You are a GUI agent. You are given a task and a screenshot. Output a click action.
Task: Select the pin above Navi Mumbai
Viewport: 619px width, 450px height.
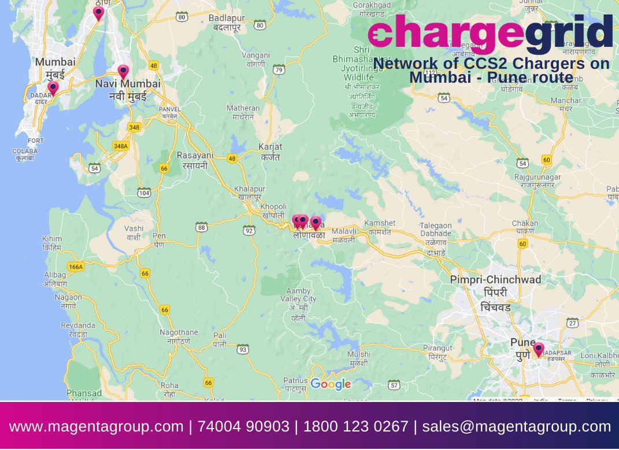123,71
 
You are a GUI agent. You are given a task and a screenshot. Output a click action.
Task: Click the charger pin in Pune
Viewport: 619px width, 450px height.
538,349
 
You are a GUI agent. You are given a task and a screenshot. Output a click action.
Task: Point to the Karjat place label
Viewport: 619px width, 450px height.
270,152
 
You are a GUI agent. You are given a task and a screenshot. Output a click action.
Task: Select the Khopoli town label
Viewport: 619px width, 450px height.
273,211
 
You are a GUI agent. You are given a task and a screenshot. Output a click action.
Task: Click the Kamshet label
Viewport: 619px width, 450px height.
380,227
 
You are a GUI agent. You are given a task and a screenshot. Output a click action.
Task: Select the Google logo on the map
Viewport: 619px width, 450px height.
331,383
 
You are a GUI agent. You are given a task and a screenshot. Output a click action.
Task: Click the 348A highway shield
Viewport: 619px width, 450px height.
121,146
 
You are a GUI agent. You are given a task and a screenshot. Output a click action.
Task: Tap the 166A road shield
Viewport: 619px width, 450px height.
76,267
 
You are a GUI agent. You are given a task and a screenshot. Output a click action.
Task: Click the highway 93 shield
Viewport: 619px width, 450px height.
243,349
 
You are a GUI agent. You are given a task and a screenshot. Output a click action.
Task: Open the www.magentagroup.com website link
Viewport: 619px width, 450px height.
96,427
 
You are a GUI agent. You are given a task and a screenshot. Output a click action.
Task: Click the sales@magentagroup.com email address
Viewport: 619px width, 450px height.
516,427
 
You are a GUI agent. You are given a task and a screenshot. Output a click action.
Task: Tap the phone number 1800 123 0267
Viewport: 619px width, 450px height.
355,427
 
